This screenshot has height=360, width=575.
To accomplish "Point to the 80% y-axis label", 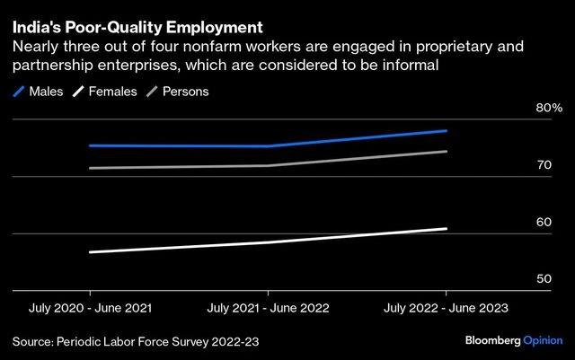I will click(x=548, y=109).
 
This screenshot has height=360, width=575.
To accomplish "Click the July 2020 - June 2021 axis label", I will click(x=89, y=308).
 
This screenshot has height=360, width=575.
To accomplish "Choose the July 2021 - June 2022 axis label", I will click(x=268, y=308).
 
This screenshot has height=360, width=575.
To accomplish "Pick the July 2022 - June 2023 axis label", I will click(x=447, y=308).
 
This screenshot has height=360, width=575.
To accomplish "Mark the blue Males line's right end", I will click(x=447, y=131).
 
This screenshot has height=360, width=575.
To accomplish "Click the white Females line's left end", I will click(x=90, y=252).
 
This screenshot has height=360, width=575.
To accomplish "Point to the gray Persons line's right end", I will click(x=447, y=151).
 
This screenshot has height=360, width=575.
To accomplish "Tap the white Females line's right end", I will click(x=447, y=229).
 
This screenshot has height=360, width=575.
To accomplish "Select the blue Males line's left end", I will click(x=90, y=145).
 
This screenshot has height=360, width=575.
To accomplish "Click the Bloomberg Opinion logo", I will click(x=514, y=342).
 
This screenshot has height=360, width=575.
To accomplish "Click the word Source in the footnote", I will click(x=32, y=342).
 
